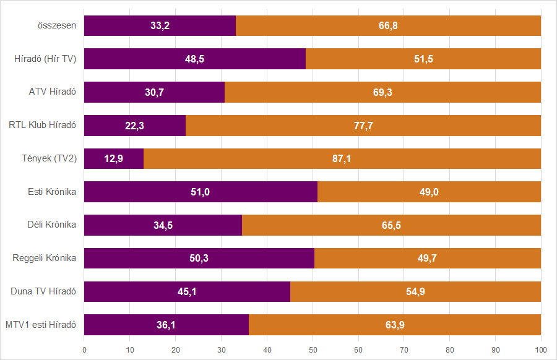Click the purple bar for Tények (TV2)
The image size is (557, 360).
point(114,159)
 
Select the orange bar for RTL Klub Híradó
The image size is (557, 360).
point(363,126)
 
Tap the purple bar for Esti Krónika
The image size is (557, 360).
point(201,192)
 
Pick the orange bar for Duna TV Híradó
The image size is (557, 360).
point(415,291)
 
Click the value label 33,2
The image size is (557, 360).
point(160,26)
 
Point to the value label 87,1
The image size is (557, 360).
point(342,159)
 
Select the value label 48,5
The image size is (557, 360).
point(195,59)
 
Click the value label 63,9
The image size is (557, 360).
point(395,325)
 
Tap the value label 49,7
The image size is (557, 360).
point(428,259)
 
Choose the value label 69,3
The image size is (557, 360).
point(382,93)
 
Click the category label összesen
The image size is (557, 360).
point(56,26)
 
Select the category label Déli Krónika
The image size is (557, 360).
point(51,225)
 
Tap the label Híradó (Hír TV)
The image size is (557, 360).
point(45,59)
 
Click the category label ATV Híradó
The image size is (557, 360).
point(53,93)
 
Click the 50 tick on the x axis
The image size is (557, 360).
point(313,349)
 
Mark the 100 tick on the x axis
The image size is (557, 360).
point(541,349)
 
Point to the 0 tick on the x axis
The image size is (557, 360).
point(84,349)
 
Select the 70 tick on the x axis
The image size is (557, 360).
point(404,349)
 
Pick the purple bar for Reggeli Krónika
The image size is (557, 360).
point(199,259)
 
